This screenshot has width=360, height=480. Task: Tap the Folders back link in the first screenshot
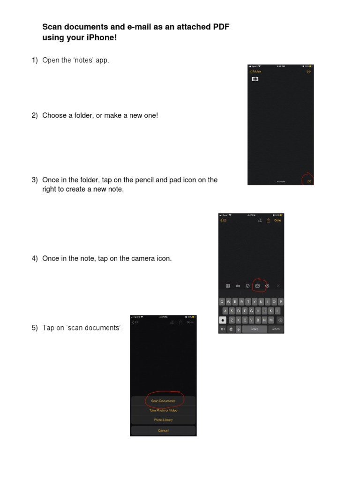[x=255, y=72]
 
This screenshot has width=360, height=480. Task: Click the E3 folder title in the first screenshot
[x=255, y=79]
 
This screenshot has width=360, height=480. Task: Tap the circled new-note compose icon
[x=309, y=181]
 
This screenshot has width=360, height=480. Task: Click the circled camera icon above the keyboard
[x=257, y=285]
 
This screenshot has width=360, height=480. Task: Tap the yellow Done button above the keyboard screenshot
[x=278, y=220]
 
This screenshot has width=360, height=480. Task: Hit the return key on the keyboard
[x=276, y=329]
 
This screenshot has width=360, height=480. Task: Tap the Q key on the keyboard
[x=222, y=302]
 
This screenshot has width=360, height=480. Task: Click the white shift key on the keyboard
[x=223, y=320]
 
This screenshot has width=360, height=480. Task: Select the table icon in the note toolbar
[x=228, y=285]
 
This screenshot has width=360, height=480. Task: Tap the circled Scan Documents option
[x=163, y=401]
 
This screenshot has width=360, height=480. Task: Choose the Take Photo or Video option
[x=163, y=411]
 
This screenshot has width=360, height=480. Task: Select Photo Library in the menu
[x=163, y=420]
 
